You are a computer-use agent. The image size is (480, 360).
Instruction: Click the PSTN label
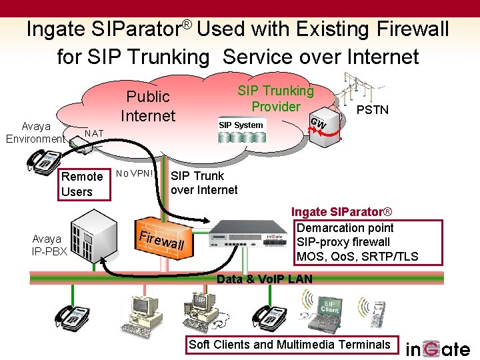373,109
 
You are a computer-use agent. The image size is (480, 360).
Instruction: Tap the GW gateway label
319,123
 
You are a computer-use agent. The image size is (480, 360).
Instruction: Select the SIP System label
241,125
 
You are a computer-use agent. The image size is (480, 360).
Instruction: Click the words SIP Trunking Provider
275,99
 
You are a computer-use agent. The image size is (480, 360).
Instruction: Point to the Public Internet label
148,106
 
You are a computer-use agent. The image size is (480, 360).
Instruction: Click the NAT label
94,133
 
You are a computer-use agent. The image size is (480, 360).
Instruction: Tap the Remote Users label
81,184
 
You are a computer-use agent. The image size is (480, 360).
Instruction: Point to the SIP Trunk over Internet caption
204,183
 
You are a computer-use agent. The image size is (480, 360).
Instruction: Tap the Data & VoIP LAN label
265,279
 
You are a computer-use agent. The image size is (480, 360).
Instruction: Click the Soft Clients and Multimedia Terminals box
289,345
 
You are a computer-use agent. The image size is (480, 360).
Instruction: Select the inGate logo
438,348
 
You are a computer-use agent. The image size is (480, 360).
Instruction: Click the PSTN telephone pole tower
353,93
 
